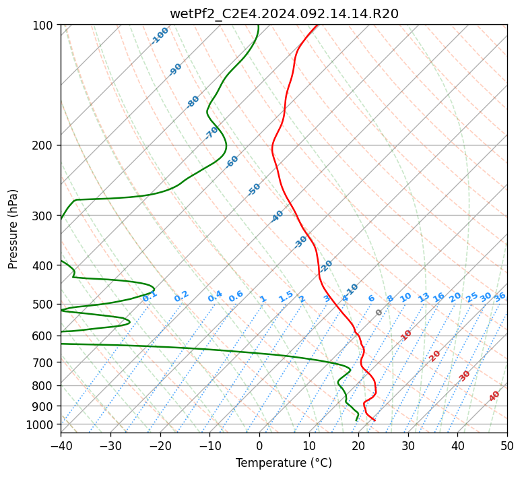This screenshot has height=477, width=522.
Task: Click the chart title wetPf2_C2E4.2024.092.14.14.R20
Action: click(x=284, y=13)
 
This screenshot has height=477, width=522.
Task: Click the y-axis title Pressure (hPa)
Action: click(x=13, y=229)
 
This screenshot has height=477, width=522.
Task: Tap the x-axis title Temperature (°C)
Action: click(x=284, y=463)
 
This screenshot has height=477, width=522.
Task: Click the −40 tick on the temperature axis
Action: click(x=61, y=445)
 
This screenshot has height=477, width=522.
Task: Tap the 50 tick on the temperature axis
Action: click(x=507, y=445)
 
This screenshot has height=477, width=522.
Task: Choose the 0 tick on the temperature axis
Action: click(x=260, y=445)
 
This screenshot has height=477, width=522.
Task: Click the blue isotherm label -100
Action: click(x=160, y=36)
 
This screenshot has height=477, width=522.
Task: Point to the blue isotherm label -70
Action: click(x=211, y=133)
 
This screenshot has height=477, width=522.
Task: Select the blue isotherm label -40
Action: click(x=277, y=216)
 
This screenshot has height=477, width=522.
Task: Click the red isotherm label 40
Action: click(x=494, y=396)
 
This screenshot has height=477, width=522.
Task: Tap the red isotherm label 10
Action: click(x=406, y=335)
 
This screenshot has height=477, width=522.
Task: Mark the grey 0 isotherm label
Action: click(x=379, y=313)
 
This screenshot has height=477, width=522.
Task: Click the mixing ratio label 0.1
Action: click(x=150, y=296)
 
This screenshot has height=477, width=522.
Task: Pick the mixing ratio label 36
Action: click(x=500, y=297)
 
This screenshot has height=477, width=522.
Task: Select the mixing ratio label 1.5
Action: click(x=286, y=296)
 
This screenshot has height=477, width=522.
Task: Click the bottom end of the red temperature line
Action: click(x=375, y=420)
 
